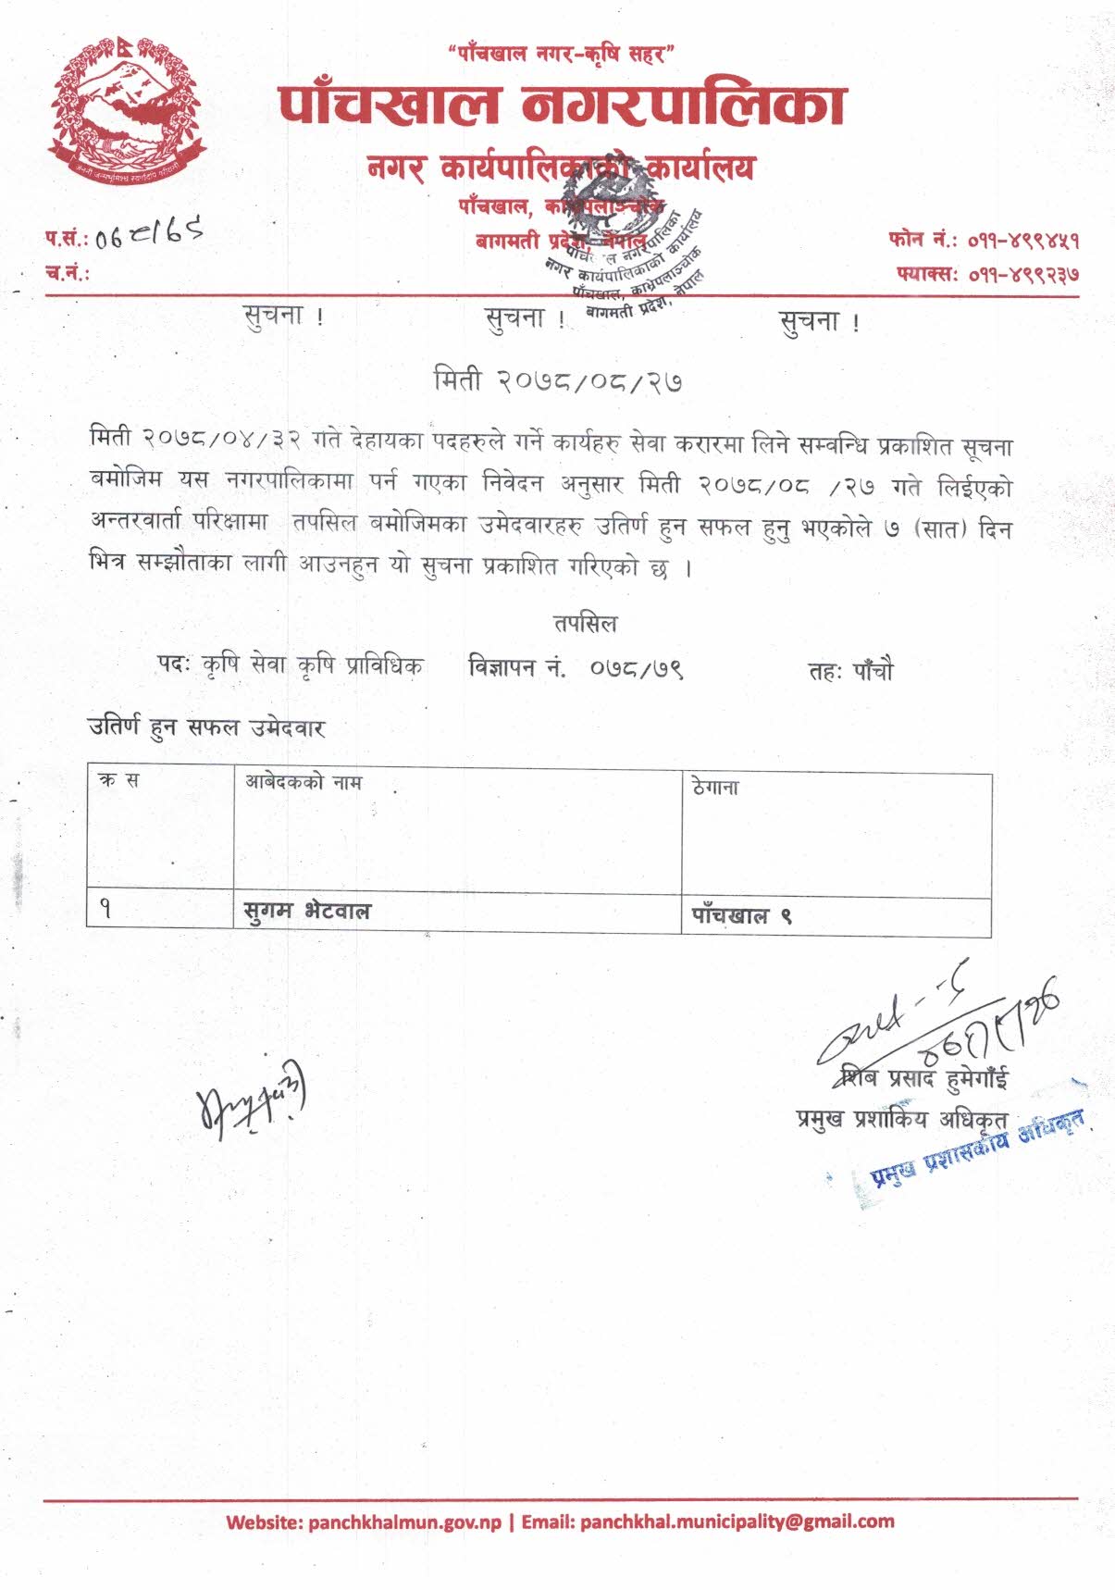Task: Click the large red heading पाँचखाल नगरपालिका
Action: [x=562, y=105]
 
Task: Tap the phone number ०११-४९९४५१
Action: [x=1023, y=242]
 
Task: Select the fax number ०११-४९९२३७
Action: [x=1023, y=275]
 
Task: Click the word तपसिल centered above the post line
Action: [x=585, y=623]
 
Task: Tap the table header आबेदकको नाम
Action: [x=303, y=783]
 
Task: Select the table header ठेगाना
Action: [x=715, y=788]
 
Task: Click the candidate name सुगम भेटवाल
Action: [x=306, y=913]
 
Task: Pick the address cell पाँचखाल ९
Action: [x=741, y=917]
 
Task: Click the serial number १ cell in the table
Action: [x=105, y=910]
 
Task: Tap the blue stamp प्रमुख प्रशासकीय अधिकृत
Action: [x=977, y=1148]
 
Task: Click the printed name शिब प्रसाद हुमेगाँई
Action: [x=923, y=1078]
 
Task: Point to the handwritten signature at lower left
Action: [x=251, y=1097]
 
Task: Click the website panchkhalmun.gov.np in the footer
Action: [x=404, y=1522]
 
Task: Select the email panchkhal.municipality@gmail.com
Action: [x=737, y=1522]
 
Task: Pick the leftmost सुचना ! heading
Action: [x=283, y=316]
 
